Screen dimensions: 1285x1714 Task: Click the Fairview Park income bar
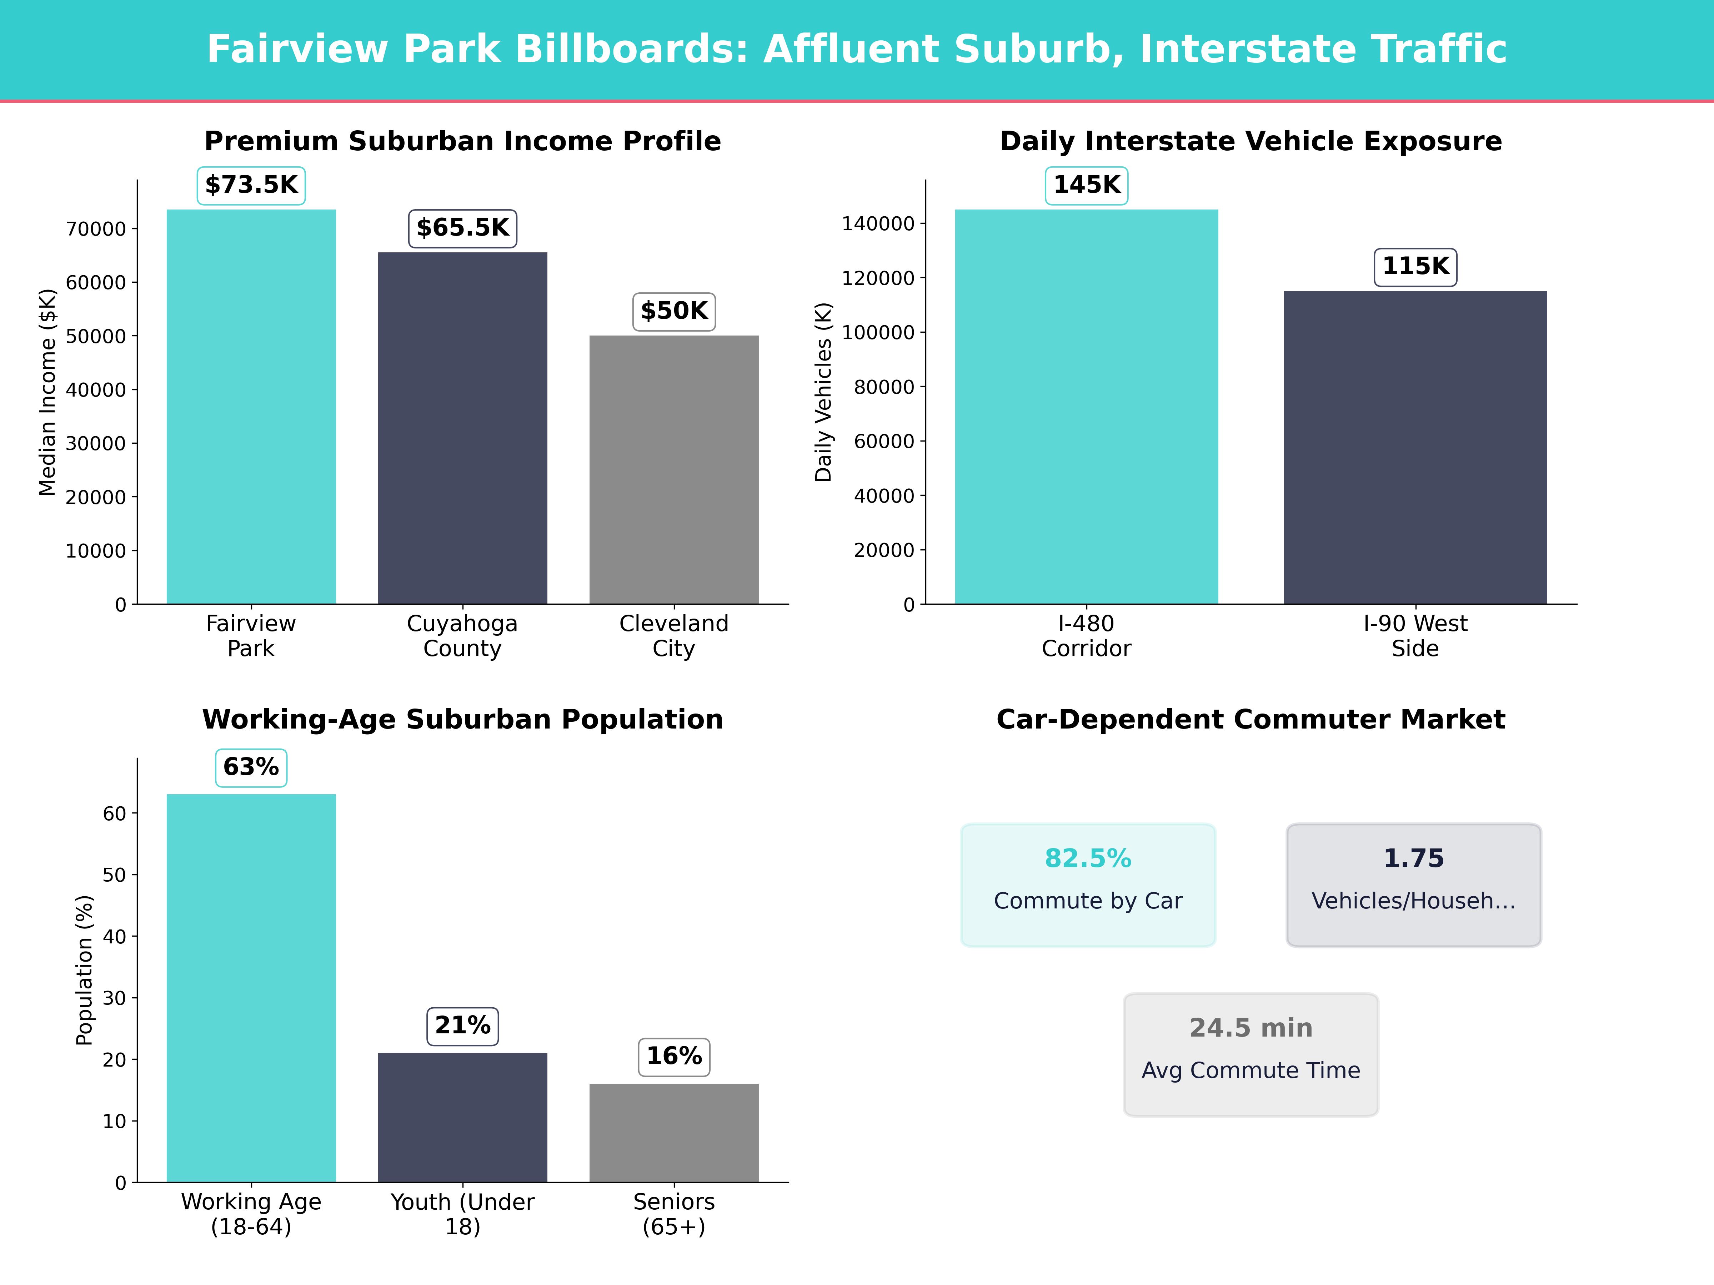coord(251,407)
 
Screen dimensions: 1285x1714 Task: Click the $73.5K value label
coord(251,185)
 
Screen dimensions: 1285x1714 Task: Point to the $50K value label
coord(674,311)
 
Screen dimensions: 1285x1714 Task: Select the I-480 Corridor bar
coord(1086,407)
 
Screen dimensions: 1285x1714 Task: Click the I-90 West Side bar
coord(1415,448)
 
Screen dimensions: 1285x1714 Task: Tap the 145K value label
coord(1086,185)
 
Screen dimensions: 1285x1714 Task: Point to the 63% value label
coord(251,767)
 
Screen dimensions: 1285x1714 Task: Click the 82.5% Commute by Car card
coord(1088,885)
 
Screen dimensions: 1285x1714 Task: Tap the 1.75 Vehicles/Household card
coord(1413,885)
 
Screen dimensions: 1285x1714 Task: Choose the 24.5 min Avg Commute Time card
coord(1251,1054)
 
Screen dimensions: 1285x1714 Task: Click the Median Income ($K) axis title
coord(48,392)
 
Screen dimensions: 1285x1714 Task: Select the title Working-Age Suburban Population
coord(462,720)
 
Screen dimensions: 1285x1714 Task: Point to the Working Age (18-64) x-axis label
coord(251,1214)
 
